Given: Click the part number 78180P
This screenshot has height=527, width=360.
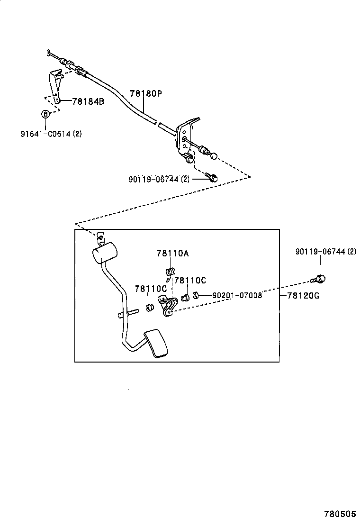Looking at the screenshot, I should [146, 93].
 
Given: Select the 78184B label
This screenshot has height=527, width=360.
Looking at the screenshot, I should [88, 101].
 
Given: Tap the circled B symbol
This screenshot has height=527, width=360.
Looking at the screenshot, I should [45, 114].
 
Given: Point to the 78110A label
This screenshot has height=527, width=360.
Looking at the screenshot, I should [172, 254].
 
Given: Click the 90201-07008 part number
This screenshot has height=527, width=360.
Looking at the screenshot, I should [237, 295].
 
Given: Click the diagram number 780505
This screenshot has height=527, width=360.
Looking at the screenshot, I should [340, 514].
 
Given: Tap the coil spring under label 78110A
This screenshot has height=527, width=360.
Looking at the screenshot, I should [171, 272].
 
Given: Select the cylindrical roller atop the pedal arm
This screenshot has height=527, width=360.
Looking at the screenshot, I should [104, 252].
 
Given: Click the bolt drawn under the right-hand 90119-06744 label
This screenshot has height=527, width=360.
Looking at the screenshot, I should [320, 278].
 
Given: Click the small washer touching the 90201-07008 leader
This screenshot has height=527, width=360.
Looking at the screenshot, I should [195, 296].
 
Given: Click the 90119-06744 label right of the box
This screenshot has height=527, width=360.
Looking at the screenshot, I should [325, 252].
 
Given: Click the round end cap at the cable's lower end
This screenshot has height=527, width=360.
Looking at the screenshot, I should [214, 155].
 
